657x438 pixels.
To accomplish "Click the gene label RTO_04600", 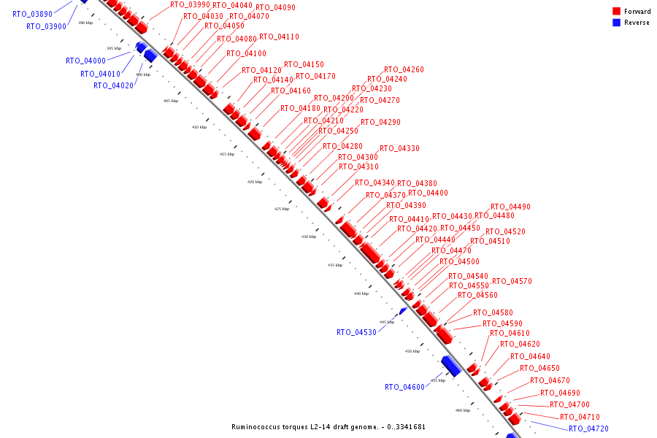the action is tap(404, 388).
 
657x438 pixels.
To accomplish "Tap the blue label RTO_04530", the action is tap(356, 333).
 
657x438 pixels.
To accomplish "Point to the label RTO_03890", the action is tap(32, 15).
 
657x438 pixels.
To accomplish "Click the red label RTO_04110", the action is tap(279, 37).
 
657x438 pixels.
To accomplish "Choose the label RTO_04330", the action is tap(399, 149).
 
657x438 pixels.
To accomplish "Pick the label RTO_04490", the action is tap(510, 207).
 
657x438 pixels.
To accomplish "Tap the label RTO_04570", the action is tap(512, 282).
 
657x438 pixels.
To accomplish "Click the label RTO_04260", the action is tap(404, 70).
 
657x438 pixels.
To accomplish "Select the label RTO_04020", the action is tap(113, 86).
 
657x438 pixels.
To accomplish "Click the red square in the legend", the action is tap(616, 12).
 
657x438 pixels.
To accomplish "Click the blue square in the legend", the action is tap(616, 23).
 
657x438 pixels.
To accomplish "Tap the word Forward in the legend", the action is tap(637, 12).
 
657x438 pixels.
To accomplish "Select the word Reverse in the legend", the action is tap(637, 23).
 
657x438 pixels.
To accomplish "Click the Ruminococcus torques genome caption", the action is tap(328, 427).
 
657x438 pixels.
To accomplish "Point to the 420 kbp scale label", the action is tap(254, 182).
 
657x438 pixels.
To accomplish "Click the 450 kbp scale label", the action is tap(412, 351).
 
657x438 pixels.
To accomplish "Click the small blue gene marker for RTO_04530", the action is tap(402, 311).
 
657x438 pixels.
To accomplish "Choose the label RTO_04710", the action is tap(580, 418).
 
